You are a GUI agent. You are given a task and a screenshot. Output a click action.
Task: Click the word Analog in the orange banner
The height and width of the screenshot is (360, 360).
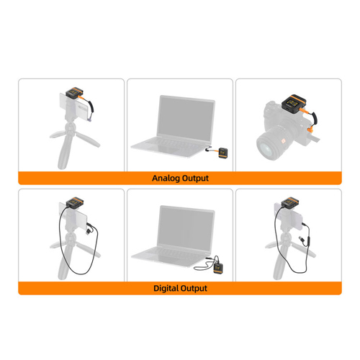pos(166,179)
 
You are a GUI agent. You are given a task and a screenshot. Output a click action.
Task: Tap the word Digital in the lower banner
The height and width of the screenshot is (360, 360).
pos(166,288)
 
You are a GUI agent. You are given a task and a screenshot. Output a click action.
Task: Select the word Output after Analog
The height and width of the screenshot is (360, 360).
pos(195,179)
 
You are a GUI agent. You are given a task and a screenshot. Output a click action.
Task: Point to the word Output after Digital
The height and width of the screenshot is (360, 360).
pos(194,288)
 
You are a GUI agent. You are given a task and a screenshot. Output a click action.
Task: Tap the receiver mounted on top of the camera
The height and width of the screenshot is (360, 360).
pos(294,103)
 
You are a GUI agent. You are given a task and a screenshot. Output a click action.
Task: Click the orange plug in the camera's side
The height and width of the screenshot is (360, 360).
pos(310,130)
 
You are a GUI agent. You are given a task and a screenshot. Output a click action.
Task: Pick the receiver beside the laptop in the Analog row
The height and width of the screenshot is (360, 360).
pos(223,153)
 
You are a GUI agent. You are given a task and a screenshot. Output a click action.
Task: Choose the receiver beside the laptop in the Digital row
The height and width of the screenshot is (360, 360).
pos(218,268)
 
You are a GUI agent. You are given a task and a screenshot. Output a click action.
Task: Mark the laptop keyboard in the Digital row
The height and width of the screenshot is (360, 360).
pos(174,254)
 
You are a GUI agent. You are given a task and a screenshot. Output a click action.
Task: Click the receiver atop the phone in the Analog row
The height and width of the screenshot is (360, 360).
pos(74,92)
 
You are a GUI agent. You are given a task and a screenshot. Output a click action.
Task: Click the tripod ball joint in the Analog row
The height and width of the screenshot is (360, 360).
pos(71,127)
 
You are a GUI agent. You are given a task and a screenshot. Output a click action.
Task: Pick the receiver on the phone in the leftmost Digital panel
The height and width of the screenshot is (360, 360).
pos(75,202)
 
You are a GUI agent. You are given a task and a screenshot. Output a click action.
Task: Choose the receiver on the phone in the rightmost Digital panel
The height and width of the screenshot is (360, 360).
pos(290,202)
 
